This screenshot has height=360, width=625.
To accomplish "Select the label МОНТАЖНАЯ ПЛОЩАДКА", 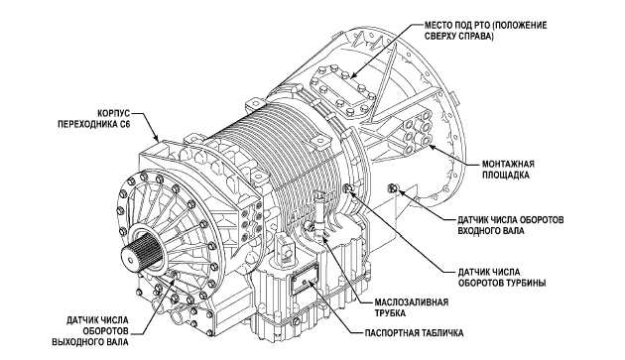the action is point(508,170).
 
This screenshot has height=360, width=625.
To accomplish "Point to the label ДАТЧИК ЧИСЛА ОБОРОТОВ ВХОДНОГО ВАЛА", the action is point(511,225).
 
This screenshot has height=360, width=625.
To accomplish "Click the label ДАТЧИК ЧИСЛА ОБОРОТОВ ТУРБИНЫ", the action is point(501,278).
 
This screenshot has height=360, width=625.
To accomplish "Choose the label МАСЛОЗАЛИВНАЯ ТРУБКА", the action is point(412,307).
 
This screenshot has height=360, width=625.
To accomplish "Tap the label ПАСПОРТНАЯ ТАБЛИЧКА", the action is point(414,333).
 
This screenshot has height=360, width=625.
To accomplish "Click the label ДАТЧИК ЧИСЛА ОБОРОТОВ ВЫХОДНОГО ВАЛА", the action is point(90,331).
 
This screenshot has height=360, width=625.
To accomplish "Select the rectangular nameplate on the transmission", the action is point(305,279).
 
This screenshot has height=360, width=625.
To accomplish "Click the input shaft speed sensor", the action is point(393,188).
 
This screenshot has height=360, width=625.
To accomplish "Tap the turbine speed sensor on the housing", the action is point(347,187).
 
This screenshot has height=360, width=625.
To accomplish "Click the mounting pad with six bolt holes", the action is point(418,133).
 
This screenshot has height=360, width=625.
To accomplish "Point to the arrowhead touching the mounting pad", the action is point(431,148).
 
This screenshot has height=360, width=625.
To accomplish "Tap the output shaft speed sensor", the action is point(175,274).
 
